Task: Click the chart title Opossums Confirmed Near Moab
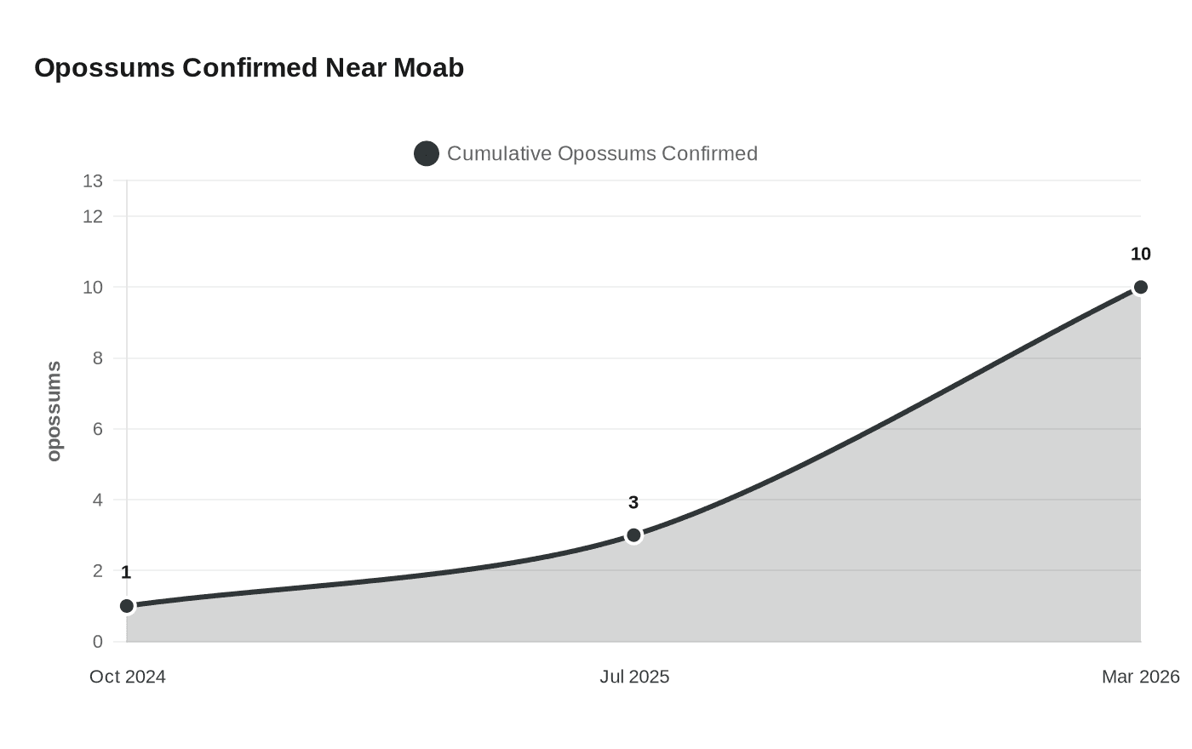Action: point(249,68)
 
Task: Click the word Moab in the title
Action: point(428,68)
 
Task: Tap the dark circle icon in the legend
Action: point(427,154)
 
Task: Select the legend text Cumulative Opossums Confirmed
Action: point(602,154)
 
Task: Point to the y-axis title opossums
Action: point(54,411)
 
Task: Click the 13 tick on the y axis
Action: point(93,181)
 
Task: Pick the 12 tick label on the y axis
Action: point(93,217)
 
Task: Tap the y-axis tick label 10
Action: point(93,288)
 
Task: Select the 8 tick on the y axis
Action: point(98,358)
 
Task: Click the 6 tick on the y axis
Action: point(98,429)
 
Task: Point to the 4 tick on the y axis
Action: point(98,500)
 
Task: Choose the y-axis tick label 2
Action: point(98,571)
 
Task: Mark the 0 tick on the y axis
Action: point(98,642)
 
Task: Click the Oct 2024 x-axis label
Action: point(128,677)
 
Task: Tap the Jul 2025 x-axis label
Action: point(634,677)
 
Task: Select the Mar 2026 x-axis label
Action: point(1140,677)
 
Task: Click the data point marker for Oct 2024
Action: point(127,606)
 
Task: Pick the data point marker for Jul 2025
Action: point(633,535)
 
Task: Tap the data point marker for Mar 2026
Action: point(1141,288)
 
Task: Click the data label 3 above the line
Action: point(633,503)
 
